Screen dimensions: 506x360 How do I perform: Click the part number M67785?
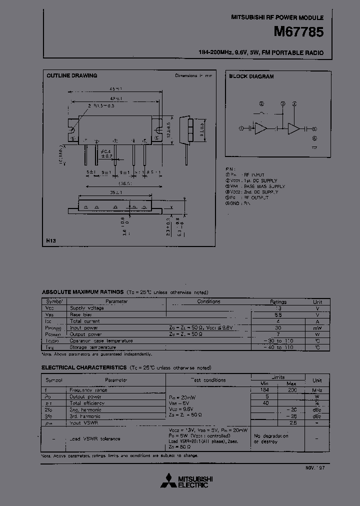[299, 32]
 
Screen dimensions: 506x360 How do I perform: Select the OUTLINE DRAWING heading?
[72, 76]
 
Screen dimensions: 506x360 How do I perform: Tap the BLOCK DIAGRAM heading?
[251, 76]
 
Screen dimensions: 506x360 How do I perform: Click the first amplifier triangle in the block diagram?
[260, 128]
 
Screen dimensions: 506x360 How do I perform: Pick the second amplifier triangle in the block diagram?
[294, 128]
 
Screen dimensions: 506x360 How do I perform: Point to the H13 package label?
[51, 241]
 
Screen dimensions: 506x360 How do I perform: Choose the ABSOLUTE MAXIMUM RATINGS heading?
[82, 292]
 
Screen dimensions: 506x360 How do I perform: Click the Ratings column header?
[278, 302]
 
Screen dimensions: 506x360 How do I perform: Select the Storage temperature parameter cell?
[92, 347]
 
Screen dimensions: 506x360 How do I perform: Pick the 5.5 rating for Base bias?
[278, 315]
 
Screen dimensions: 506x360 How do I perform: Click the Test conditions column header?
[208, 380]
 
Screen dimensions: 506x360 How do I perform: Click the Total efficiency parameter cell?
[87, 403]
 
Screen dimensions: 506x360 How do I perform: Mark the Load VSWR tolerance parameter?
[95, 438]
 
